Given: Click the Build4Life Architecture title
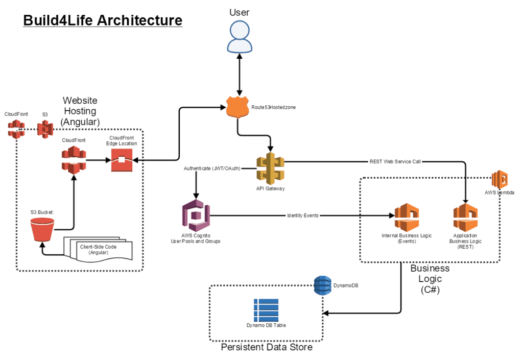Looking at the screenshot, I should point(103,20).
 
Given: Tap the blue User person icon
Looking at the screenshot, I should point(240,37).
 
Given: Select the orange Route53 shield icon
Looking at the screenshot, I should point(237,108).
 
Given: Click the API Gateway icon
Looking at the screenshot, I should point(270,167).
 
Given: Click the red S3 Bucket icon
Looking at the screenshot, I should point(42,230).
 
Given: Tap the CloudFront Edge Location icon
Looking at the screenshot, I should point(123,161).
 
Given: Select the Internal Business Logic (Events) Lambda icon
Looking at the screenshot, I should point(407,217).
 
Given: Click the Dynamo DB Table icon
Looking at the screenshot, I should point(266,309).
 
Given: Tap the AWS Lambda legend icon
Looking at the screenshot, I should point(500,180).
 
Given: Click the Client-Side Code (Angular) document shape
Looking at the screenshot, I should point(100,250).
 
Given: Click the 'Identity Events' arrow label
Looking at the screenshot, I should point(303,215).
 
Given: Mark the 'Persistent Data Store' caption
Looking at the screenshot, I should point(267,347).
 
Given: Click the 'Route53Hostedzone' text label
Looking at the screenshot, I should point(273,108).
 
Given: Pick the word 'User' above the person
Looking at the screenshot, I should point(240,12).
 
